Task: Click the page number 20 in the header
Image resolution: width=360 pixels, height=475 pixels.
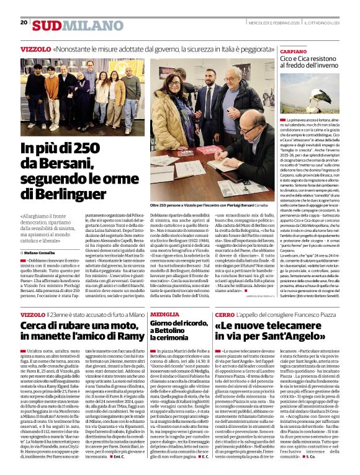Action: pyautogui.click(x=24, y=22)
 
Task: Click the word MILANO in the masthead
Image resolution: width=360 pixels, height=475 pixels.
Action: pyautogui.click(x=84, y=25)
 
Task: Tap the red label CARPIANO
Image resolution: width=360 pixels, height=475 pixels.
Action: pyautogui.click(x=294, y=51)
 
